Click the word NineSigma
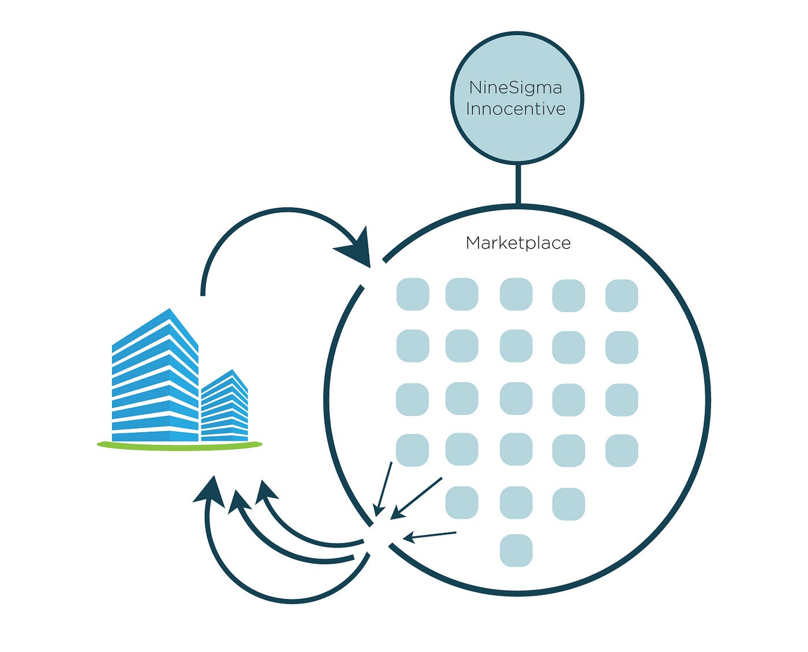pyautogui.click(x=515, y=88)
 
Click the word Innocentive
pyautogui.click(x=515, y=109)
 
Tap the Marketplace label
pyautogui.click(x=518, y=243)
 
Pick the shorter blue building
pyautogui.click(x=225, y=407)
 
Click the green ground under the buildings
pyautogui.click(x=179, y=444)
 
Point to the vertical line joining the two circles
pyautogui.click(x=518, y=184)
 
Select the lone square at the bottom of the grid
pyautogui.click(x=516, y=550)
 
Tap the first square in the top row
pyautogui.click(x=413, y=294)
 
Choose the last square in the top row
pyautogui.click(x=622, y=295)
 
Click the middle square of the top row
pyautogui.click(x=516, y=294)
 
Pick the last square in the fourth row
pyautogui.click(x=622, y=451)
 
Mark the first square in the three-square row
pyautogui.click(x=462, y=503)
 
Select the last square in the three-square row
pyautogui.click(x=568, y=504)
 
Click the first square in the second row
pyautogui.click(x=413, y=346)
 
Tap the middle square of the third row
pyautogui.click(x=516, y=399)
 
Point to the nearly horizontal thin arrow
pyautogui.click(x=430, y=536)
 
